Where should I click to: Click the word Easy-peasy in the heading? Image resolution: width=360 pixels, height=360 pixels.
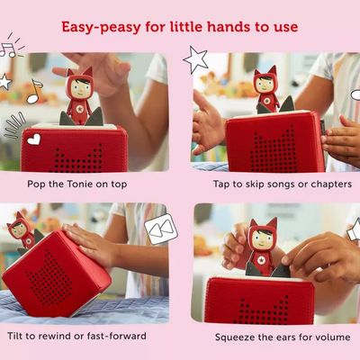102,28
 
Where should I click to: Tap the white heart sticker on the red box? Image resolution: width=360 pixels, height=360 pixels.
33,139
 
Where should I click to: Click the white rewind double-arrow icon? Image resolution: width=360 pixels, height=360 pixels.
161,229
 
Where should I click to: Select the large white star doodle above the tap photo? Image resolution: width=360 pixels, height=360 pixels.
196,59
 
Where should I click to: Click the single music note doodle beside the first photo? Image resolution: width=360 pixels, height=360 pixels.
33,92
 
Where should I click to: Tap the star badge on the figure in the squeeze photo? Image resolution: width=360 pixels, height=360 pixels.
263,260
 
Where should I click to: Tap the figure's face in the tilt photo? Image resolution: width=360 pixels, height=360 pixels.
19,229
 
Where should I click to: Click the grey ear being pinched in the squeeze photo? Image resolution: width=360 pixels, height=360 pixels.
282,270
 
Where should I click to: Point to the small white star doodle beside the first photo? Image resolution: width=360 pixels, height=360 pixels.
5,82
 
